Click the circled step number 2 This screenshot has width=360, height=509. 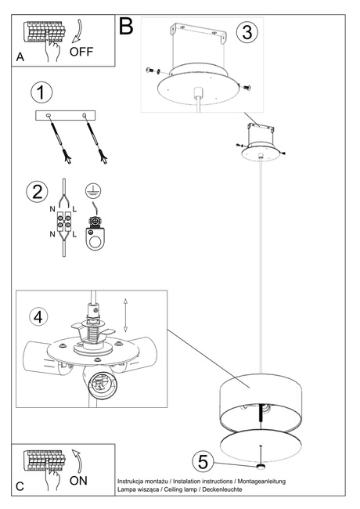35,190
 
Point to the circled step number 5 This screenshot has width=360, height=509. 203,461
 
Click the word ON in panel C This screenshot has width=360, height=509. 80,480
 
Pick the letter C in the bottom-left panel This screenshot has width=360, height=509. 20,486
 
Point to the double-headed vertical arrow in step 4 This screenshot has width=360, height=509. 126,315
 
